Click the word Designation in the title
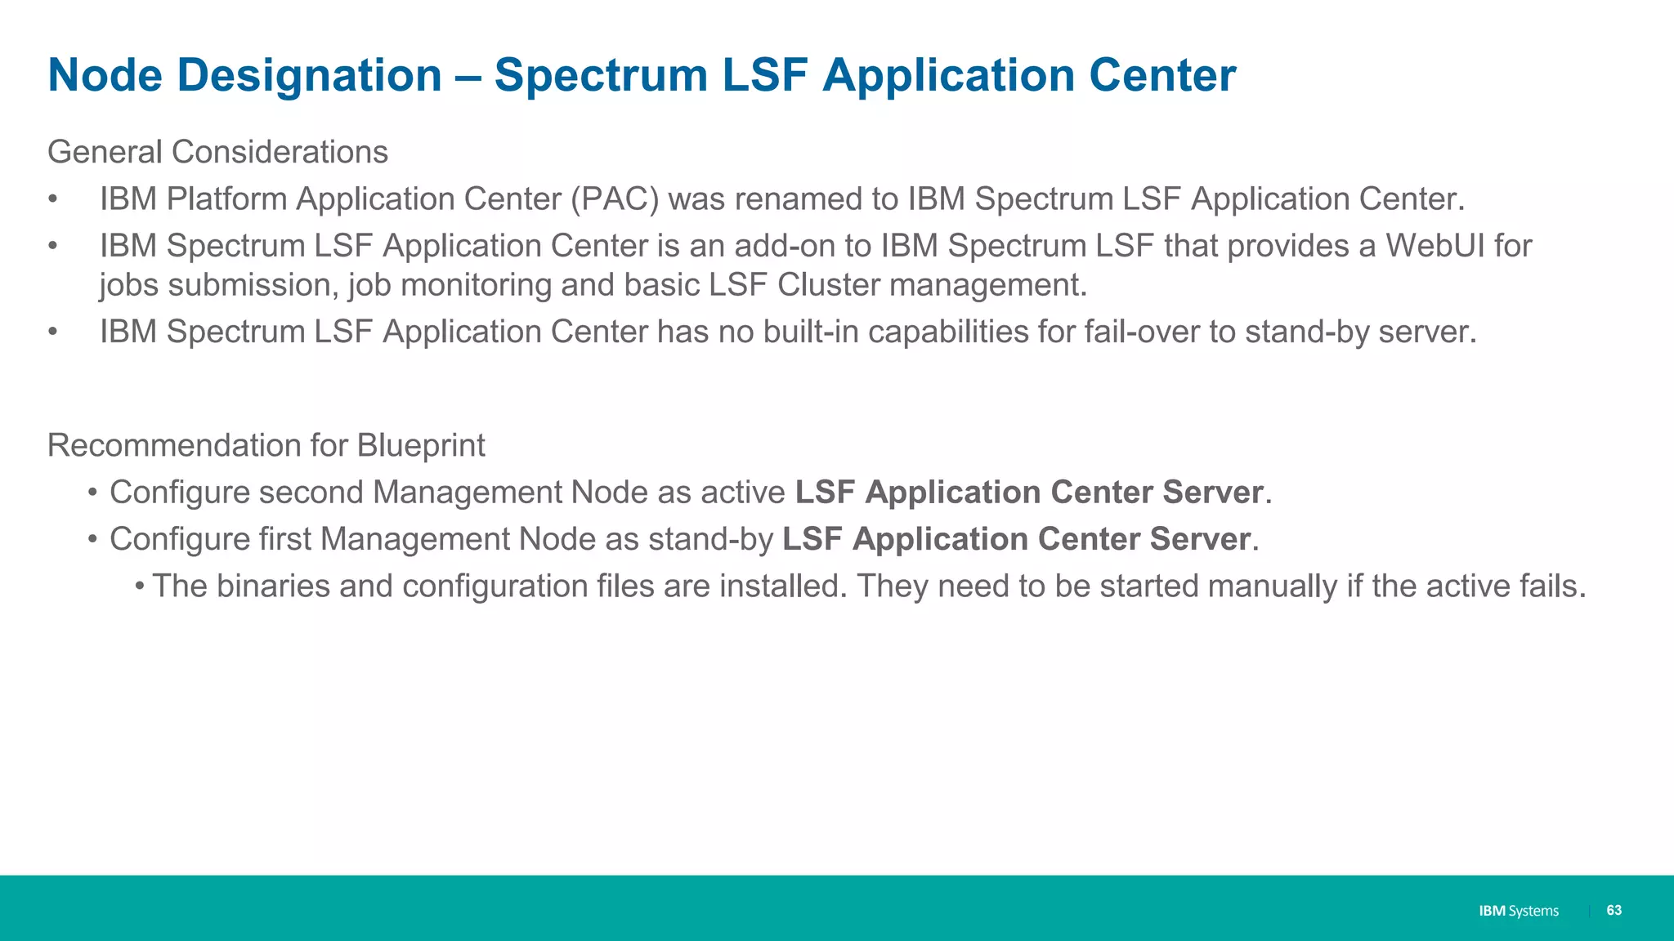coord(309,76)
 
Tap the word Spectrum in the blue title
coord(601,76)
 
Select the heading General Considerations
coord(217,152)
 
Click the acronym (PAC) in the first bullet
coord(615,199)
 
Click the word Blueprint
coord(420,445)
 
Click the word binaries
coord(273,586)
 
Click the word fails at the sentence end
coord(1551,586)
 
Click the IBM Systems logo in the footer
coord(1518,911)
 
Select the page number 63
coord(1614,910)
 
